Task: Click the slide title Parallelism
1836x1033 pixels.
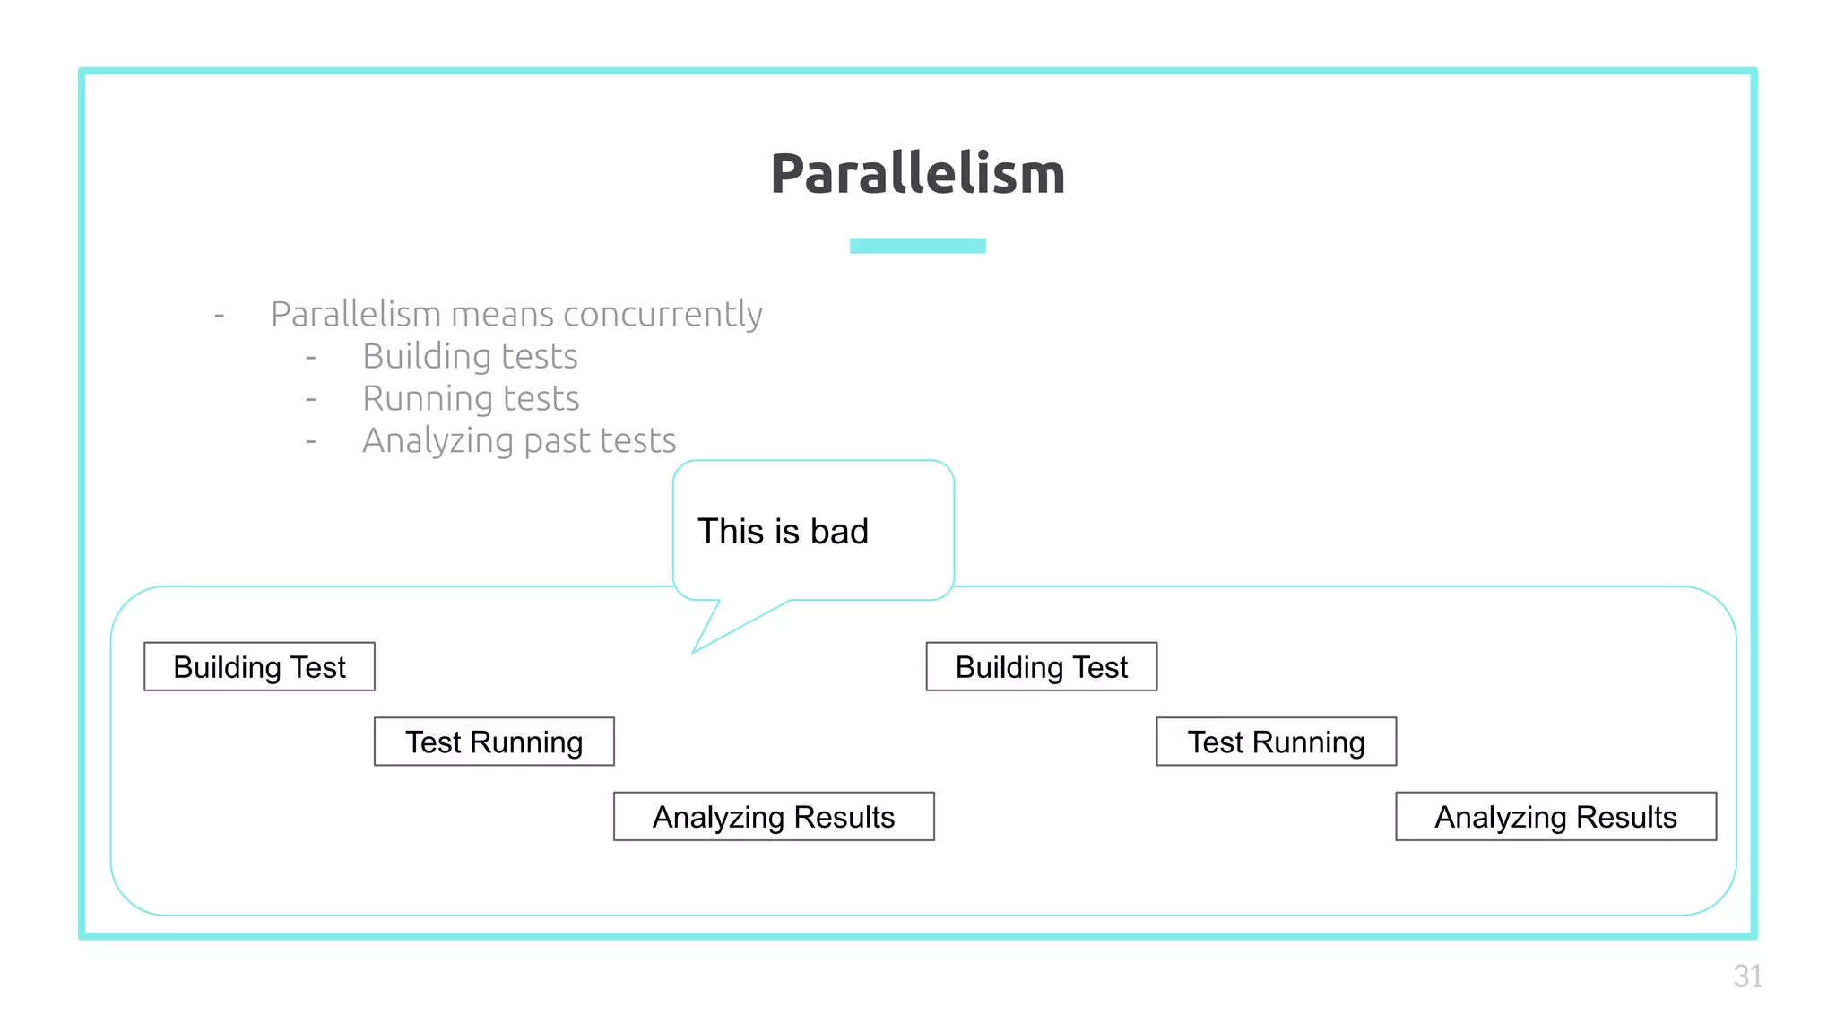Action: click(917, 174)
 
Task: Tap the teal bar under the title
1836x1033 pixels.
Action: click(917, 246)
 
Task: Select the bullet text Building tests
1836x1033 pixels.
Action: click(470, 357)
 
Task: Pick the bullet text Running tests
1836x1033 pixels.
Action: click(471, 399)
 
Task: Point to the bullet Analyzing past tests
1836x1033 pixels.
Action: click(518, 441)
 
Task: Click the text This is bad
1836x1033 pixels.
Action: click(783, 532)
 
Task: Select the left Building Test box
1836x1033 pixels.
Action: click(259, 667)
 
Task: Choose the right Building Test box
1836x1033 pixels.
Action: click(1041, 667)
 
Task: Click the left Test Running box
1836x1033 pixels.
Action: click(494, 742)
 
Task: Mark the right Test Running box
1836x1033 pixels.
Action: click(1276, 742)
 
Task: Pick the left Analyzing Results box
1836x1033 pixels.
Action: click(774, 817)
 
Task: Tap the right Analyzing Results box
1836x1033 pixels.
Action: click(1555, 817)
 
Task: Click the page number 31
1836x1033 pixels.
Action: click(1747, 977)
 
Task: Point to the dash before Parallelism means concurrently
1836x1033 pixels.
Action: click(219, 316)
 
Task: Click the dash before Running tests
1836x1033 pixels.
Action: click(311, 399)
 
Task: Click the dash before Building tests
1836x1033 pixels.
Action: click(311, 358)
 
